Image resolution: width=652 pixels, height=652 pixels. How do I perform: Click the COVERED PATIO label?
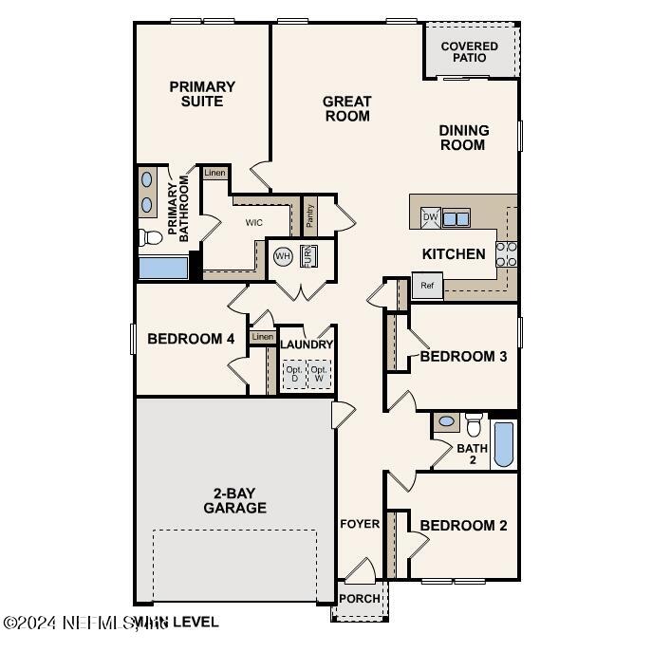click(x=469, y=52)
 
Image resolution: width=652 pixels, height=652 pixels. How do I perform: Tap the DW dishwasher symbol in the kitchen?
click(x=430, y=217)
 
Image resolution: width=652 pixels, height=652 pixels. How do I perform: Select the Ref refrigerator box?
click(x=427, y=285)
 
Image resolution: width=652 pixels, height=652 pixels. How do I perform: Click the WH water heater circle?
click(x=283, y=256)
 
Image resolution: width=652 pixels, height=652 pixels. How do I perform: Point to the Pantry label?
click(x=309, y=216)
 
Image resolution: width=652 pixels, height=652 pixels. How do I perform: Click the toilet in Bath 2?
click(x=474, y=424)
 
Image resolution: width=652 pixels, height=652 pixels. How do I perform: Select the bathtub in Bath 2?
click(x=503, y=444)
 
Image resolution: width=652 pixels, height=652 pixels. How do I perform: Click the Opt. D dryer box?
click(x=294, y=373)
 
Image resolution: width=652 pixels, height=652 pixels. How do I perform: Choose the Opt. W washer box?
click(x=320, y=373)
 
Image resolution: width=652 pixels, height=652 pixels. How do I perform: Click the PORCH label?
click(x=359, y=599)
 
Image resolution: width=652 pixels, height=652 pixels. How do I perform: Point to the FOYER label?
click(x=360, y=524)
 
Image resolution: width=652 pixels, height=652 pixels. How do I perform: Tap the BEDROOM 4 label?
click(x=191, y=338)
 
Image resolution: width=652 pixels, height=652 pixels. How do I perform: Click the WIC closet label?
click(x=254, y=223)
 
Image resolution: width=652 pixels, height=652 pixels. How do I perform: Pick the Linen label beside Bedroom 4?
click(x=262, y=337)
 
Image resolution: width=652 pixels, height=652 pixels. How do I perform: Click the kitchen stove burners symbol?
click(x=507, y=252)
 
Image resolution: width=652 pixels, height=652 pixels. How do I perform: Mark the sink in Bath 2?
click(x=446, y=420)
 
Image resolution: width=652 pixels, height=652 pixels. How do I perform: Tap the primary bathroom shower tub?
click(x=162, y=267)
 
